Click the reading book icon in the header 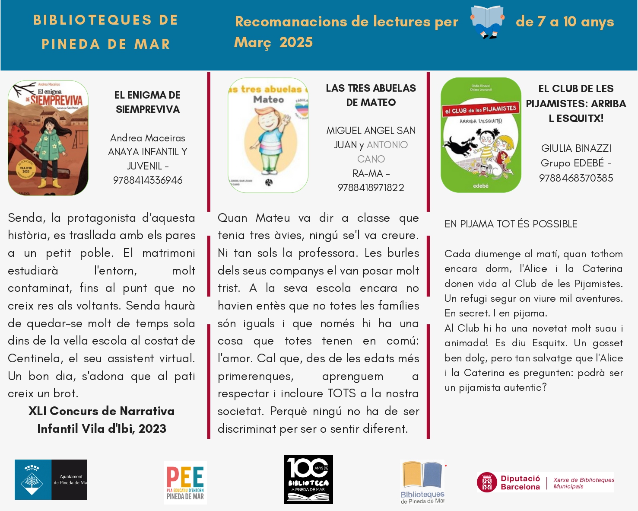[x=487, y=22]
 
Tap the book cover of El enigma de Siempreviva [x=48, y=138]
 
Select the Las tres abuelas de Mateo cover [x=268, y=135]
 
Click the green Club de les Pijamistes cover [x=481, y=135]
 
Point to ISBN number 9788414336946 [x=148, y=180]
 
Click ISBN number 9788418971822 [x=371, y=188]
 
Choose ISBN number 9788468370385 [x=576, y=178]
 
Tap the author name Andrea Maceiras [x=148, y=138]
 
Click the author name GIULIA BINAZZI [x=576, y=148]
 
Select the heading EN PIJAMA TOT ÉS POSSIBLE [x=511, y=224]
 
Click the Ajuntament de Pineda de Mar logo [x=51, y=479]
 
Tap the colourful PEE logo [x=185, y=482]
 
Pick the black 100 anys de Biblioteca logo [x=308, y=479]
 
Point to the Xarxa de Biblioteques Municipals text [x=584, y=483]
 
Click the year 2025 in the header [x=296, y=42]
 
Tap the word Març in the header [x=253, y=42]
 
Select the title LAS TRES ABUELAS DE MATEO [x=371, y=95]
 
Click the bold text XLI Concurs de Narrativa [x=102, y=411]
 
